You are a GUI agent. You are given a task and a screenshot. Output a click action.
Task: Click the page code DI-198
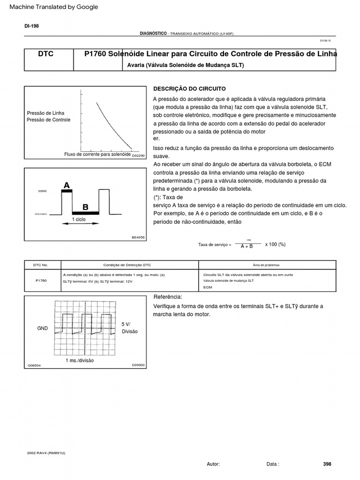(32, 26)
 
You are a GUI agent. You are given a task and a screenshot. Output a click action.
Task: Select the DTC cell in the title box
(45, 54)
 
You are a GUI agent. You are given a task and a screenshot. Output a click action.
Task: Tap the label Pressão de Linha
(46, 113)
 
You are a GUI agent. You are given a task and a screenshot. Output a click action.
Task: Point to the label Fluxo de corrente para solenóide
(97, 154)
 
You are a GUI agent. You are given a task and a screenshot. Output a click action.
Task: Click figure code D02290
(139, 155)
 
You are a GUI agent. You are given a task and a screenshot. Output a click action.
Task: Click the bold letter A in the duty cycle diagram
(67, 186)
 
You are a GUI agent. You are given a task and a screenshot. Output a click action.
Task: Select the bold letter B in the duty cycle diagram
(85, 207)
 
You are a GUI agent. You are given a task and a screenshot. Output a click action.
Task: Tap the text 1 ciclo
(79, 219)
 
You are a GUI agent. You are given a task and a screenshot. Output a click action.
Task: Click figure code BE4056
(138, 238)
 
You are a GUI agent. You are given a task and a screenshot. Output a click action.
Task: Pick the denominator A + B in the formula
(247, 246)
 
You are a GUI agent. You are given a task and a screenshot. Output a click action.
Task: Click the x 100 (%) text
(275, 244)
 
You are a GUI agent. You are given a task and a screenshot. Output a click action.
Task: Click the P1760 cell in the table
(41, 280)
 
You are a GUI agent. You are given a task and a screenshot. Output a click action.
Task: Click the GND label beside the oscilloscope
(43, 329)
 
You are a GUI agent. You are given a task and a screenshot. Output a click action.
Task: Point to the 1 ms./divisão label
(80, 360)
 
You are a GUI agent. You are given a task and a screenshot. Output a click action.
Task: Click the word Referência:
(168, 297)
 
